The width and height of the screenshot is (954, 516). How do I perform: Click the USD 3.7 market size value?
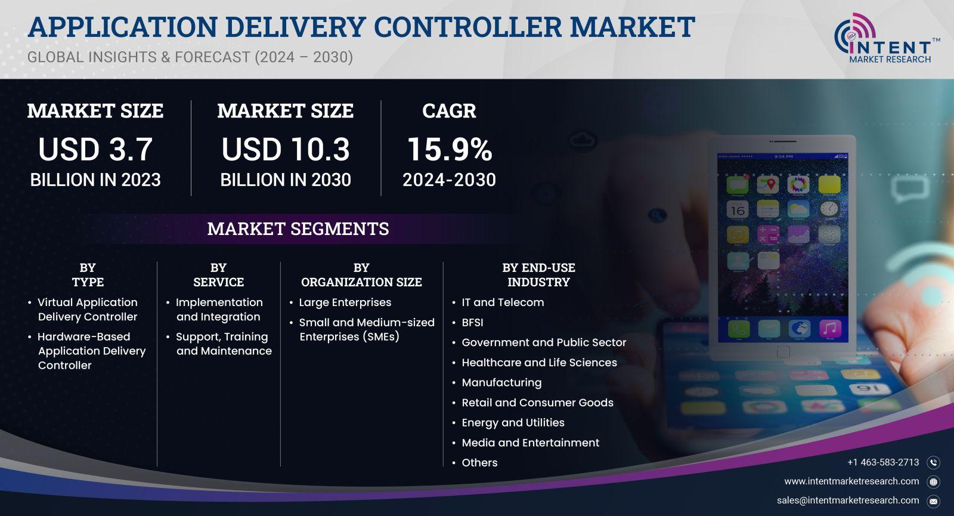[95, 149]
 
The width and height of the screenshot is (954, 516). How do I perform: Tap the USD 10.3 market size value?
[286, 149]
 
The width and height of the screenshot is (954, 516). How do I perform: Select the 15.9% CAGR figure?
[450, 149]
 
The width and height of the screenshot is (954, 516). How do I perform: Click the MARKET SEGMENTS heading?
[298, 229]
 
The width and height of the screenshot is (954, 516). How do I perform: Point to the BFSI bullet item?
[472, 323]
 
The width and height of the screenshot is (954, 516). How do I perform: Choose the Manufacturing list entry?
[501, 382]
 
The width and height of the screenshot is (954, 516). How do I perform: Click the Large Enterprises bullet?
[345, 302]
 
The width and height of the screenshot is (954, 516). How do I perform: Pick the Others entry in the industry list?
[479, 463]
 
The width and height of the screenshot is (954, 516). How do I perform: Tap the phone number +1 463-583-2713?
[883, 462]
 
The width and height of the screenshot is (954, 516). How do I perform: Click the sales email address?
[848, 500]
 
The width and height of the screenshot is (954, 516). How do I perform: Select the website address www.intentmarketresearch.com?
[852, 481]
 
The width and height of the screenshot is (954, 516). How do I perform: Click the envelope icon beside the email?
[934, 502]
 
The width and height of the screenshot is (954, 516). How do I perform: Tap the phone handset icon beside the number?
[934, 463]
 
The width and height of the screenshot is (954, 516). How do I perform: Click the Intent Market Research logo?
[887, 39]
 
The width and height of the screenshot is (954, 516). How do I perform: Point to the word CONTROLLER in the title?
[468, 27]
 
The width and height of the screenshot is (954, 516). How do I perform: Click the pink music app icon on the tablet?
[830, 329]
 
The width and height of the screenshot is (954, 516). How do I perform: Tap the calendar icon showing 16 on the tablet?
[738, 209]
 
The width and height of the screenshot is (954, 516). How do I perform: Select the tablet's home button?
[783, 352]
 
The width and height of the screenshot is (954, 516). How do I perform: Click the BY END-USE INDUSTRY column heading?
[539, 275]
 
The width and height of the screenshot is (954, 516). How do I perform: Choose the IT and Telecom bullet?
[503, 302]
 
